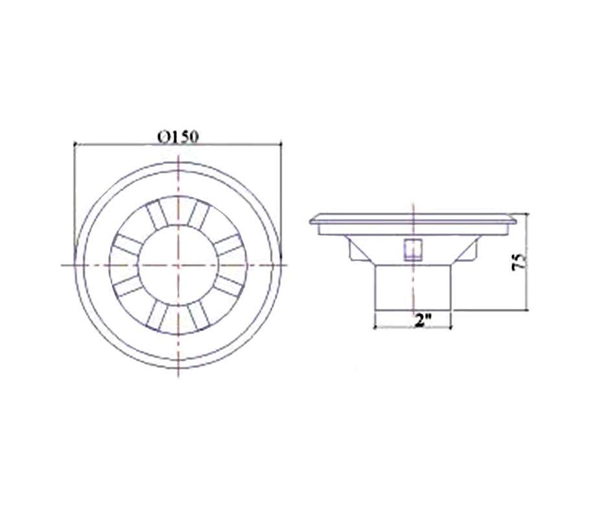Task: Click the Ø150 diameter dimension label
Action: [178, 137]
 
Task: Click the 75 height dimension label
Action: [519, 261]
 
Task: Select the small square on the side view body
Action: [413, 250]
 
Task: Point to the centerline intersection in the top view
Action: [178, 265]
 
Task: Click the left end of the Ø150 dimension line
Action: [75, 144]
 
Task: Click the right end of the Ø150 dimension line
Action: [281, 143]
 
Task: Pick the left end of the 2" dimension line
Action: [375, 327]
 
